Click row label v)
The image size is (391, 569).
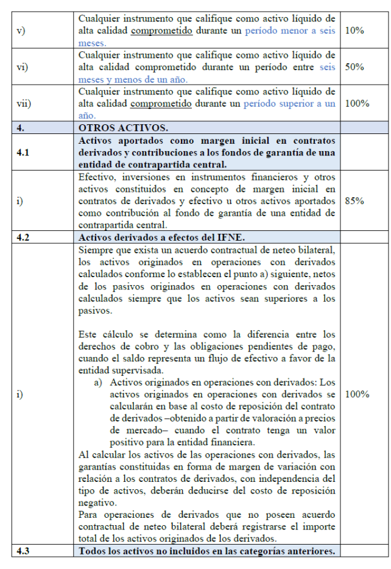(21, 30)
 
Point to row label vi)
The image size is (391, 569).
(22, 67)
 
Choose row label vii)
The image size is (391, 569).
(24, 104)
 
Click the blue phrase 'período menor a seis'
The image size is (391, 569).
(289, 30)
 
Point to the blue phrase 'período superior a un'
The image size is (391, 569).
(289, 103)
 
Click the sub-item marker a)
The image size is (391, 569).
(97, 383)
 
